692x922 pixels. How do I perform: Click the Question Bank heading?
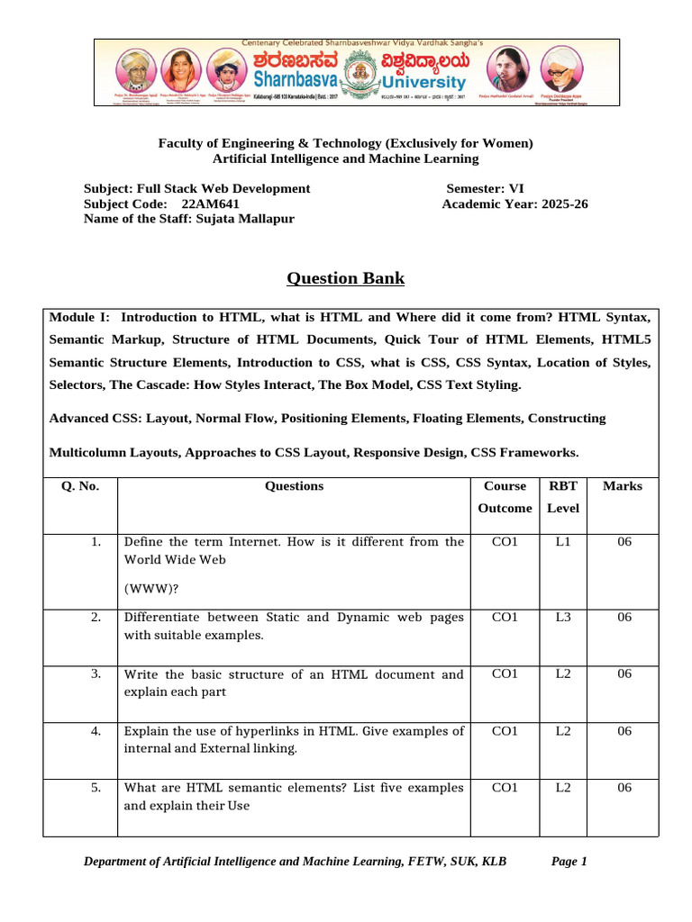(x=345, y=278)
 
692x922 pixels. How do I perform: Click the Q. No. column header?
(x=80, y=486)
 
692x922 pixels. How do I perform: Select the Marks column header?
(x=623, y=486)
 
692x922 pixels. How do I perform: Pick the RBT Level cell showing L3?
(x=563, y=618)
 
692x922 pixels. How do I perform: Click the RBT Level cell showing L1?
(x=563, y=542)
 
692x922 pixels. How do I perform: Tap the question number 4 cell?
(x=95, y=731)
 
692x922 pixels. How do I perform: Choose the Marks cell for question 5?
(x=623, y=788)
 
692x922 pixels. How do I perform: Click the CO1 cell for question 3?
(x=505, y=674)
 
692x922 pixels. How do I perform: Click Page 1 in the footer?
(x=569, y=862)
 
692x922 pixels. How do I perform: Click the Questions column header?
(x=294, y=486)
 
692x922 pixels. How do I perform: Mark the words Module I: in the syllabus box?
(x=79, y=318)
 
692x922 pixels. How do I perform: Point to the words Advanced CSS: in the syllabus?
(x=95, y=419)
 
